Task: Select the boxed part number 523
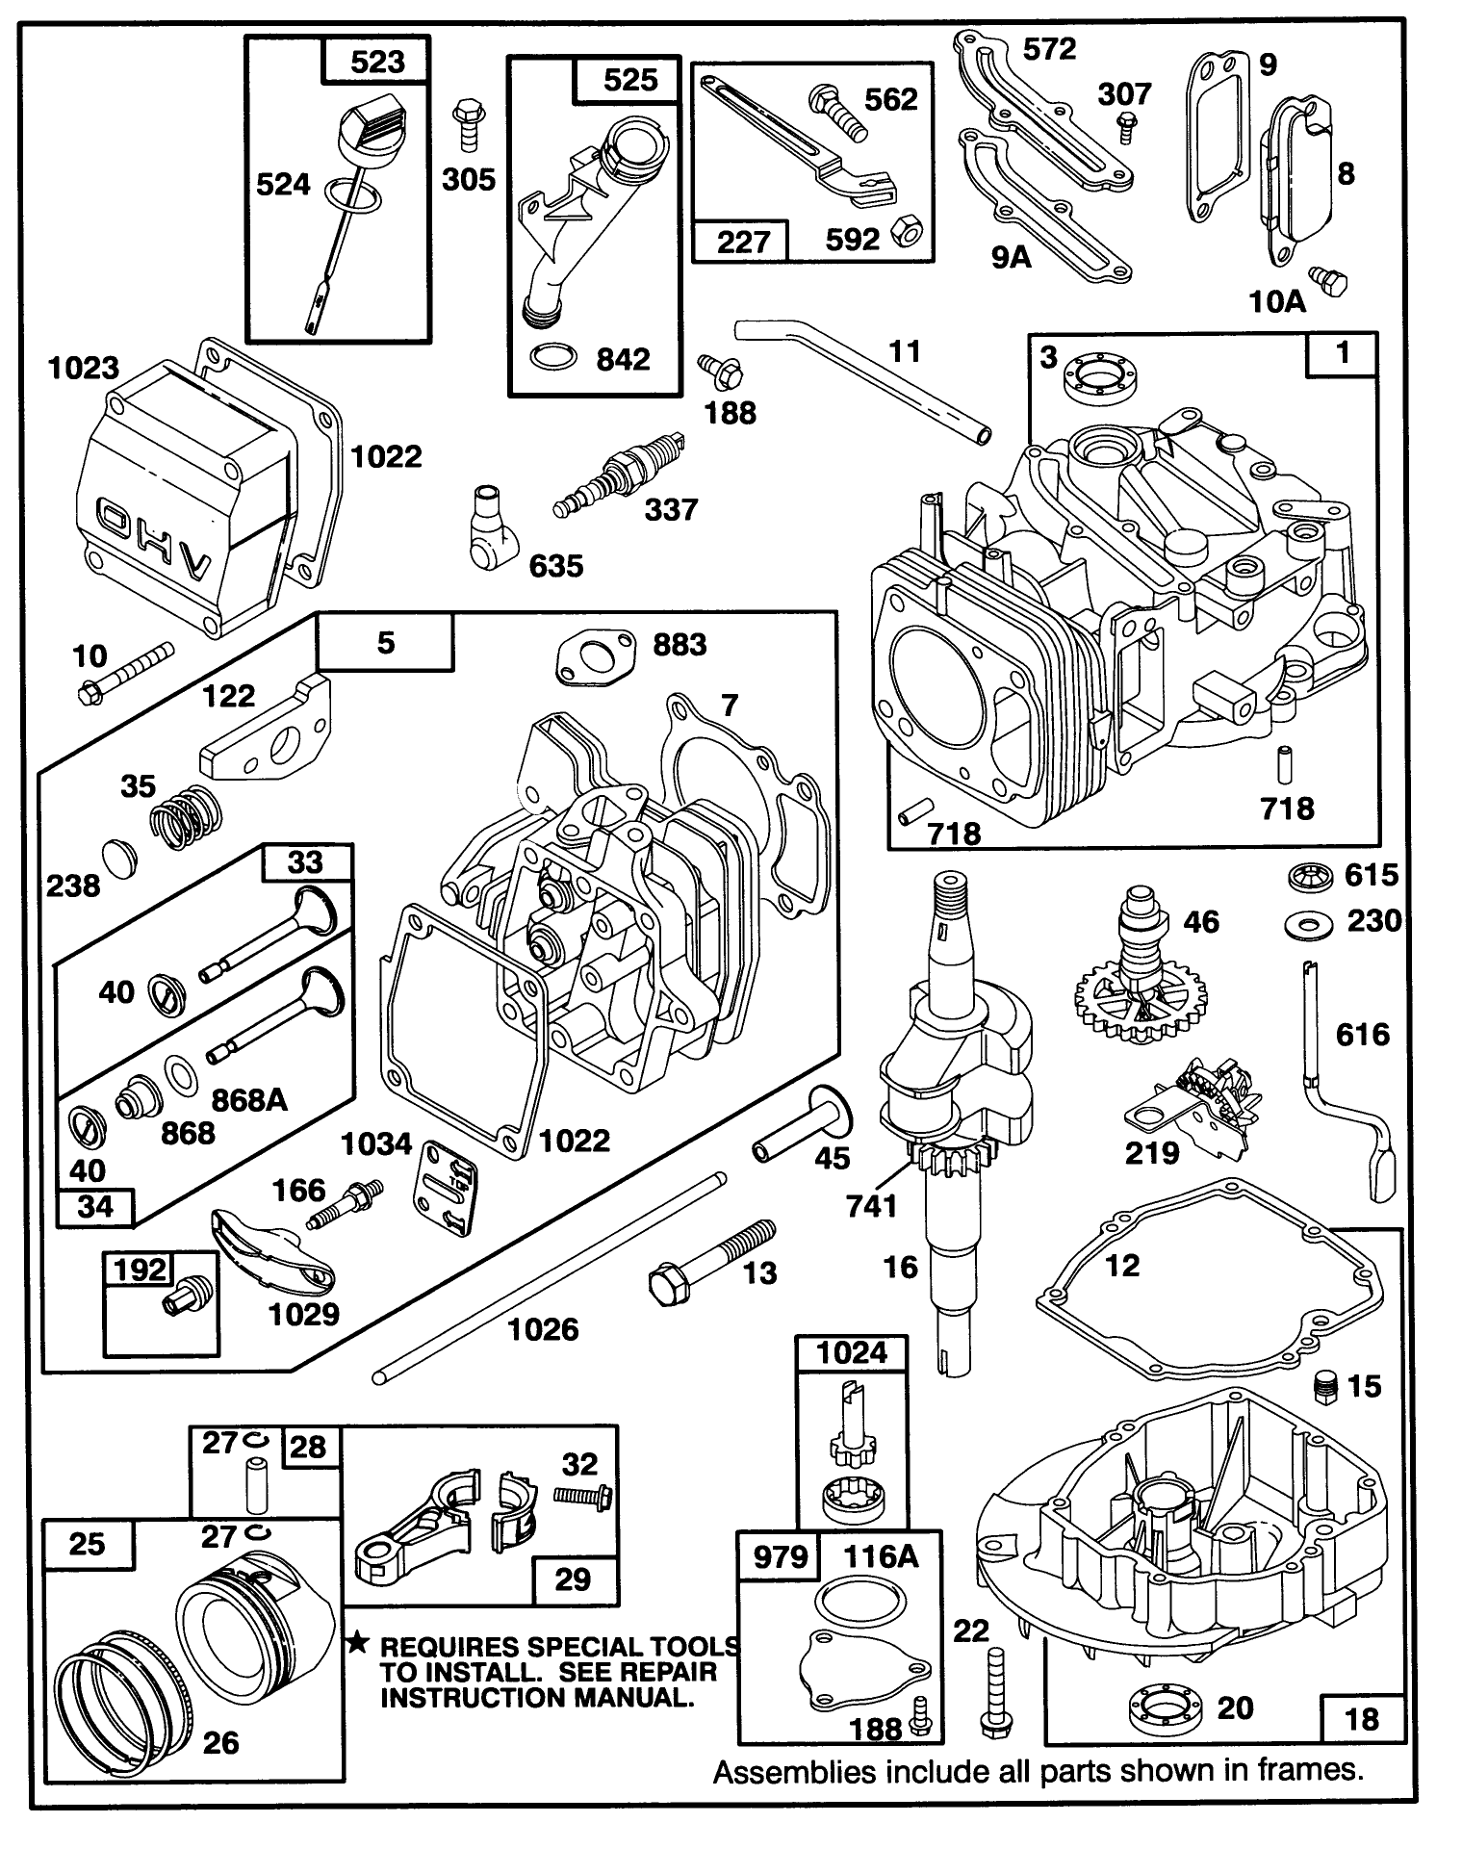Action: pyautogui.click(x=376, y=63)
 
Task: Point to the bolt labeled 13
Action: pyautogui.click(x=705, y=1261)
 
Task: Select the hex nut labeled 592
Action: pyautogui.click(x=904, y=233)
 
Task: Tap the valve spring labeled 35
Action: pyautogui.click(x=187, y=816)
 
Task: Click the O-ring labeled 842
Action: pyautogui.click(x=555, y=359)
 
